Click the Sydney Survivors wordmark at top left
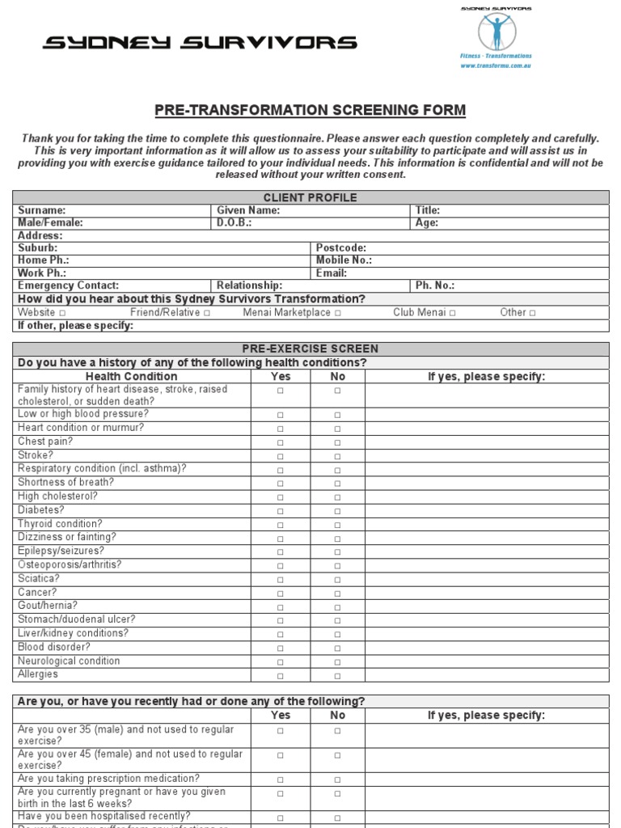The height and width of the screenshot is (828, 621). click(x=199, y=42)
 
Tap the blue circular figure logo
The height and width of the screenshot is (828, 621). click(x=496, y=32)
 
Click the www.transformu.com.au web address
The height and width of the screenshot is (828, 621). click(x=496, y=66)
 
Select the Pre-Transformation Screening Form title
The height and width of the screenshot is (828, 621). click(x=310, y=111)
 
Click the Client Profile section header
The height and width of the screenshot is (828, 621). click(x=310, y=197)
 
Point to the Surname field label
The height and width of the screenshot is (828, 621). click(x=42, y=210)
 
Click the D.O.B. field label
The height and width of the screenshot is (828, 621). click(x=234, y=222)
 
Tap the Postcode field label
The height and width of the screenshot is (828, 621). click(x=340, y=248)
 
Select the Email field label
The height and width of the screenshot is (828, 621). click(x=332, y=273)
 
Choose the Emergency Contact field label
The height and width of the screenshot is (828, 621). click(x=68, y=285)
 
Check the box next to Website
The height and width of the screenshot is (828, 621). click(x=62, y=313)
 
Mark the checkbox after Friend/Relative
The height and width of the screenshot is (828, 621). click(x=207, y=313)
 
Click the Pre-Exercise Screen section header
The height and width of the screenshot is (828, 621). click(x=310, y=349)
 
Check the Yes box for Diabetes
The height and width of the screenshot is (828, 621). click(x=281, y=511)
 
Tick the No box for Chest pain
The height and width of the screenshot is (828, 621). click(x=337, y=442)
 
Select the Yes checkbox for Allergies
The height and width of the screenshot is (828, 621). click(x=281, y=676)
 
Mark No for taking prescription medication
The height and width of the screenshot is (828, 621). click(x=337, y=780)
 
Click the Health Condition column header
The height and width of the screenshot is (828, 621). click(x=131, y=376)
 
